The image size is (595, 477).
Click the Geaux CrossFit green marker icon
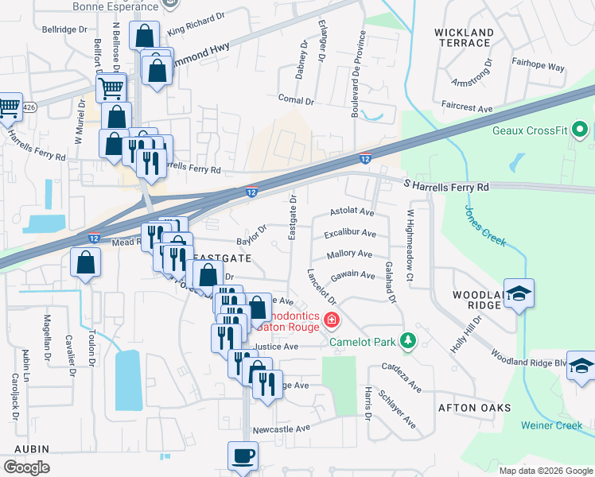click(x=580, y=129)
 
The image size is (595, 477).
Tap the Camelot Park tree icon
click(x=408, y=340)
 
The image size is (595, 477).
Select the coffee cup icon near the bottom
click(x=243, y=456)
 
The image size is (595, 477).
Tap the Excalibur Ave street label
click(x=349, y=234)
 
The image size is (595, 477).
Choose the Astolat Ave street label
click(x=351, y=213)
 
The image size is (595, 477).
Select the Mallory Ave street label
click(x=349, y=254)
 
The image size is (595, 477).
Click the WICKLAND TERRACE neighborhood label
click(x=464, y=39)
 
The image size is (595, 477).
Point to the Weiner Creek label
click(x=552, y=425)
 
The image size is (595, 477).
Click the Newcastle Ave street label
click(x=281, y=428)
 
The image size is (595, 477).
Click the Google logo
click(x=26, y=467)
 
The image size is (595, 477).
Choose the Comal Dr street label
click(x=297, y=99)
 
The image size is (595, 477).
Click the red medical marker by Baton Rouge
click(x=331, y=321)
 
